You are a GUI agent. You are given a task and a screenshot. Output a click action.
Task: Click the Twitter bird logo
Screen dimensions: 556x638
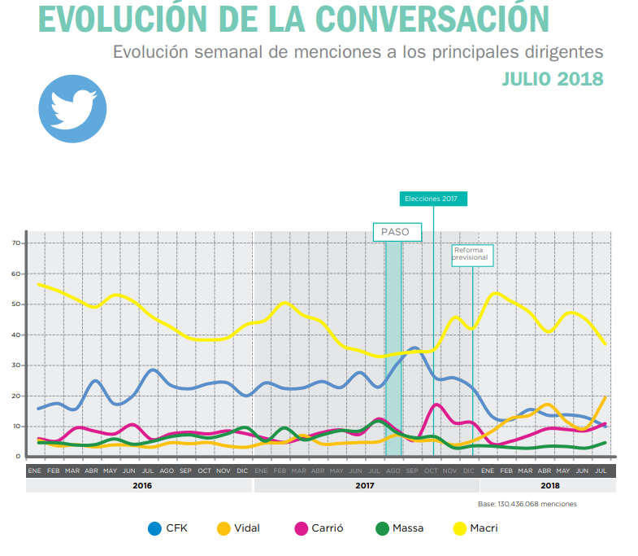click(x=73, y=108)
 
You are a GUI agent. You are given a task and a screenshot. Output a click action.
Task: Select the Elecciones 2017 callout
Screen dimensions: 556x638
click(x=432, y=199)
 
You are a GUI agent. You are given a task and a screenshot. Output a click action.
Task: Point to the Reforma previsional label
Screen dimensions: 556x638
click(x=471, y=254)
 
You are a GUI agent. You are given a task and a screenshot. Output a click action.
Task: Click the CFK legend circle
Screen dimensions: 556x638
click(x=154, y=528)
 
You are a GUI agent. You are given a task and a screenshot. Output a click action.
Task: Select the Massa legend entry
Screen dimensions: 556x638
click(x=399, y=528)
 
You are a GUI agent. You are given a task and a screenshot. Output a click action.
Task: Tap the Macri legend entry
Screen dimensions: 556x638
click(x=475, y=528)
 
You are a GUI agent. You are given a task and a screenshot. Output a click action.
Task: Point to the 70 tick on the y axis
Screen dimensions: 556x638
click(x=15, y=243)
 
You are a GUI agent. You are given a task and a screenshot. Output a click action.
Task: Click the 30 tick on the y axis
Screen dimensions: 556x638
click(x=15, y=366)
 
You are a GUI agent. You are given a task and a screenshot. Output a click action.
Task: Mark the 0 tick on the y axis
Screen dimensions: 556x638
click(x=17, y=457)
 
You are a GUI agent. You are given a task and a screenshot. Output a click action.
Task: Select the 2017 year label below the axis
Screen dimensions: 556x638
click(x=364, y=486)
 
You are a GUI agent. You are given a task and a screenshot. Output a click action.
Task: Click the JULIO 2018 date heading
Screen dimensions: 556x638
click(x=552, y=79)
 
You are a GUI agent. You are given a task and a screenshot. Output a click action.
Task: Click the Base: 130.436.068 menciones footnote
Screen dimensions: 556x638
click(x=527, y=504)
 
